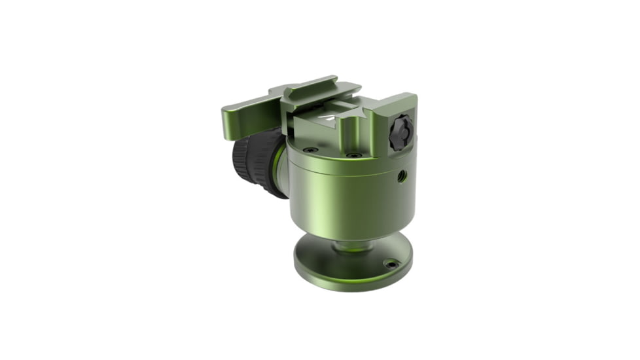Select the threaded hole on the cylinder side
point(402,175)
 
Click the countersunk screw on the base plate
point(391,264)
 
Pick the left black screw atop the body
point(311,150)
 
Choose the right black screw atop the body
point(354,155)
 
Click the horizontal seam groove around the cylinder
point(347,171)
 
